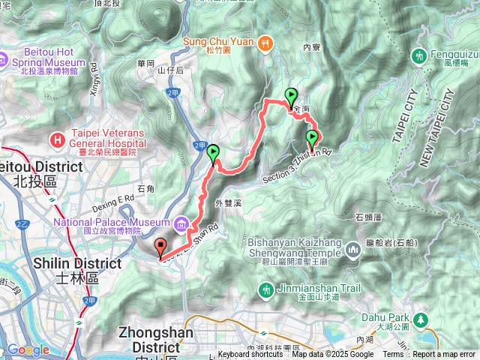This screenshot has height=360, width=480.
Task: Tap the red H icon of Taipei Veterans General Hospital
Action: tap(57, 139)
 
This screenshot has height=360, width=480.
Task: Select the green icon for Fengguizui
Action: tap(419, 55)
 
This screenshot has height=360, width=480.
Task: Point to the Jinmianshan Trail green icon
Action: tap(265, 289)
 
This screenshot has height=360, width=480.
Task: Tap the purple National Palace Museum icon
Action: tap(181, 223)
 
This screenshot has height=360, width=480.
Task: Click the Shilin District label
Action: tap(76, 270)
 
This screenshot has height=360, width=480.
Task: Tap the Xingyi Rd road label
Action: tap(94, 78)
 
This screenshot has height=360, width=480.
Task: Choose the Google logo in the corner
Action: tap(28, 350)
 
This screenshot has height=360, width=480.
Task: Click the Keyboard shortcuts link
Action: tap(250, 355)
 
